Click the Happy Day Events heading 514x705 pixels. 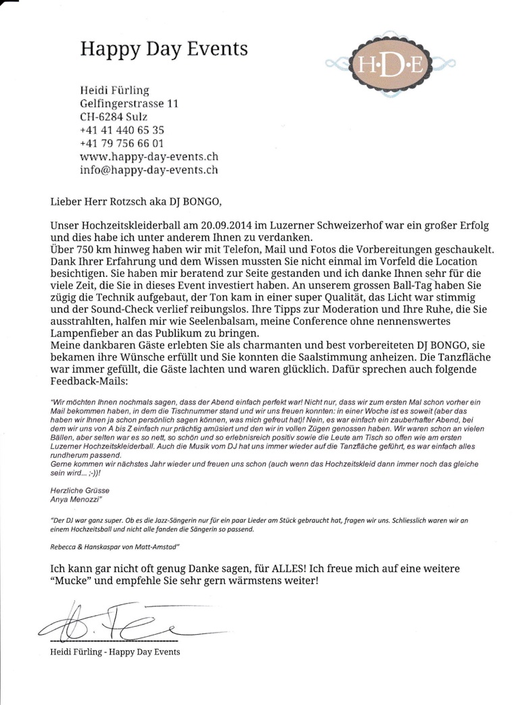pyautogui.click(x=163, y=49)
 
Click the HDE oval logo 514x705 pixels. pyautogui.click(x=390, y=66)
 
